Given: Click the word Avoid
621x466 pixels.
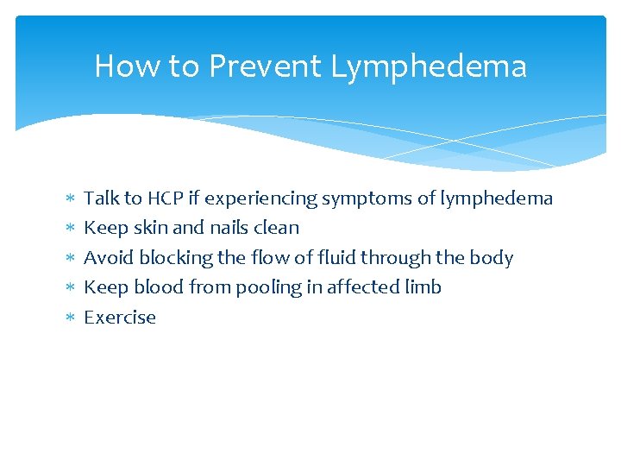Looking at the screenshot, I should pyautogui.click(x=109, y=258).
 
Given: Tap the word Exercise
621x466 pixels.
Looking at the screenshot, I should pyautogui.click(x=120, y=318).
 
